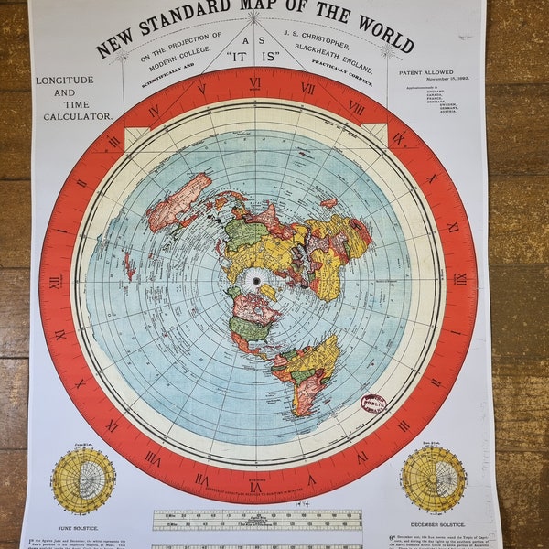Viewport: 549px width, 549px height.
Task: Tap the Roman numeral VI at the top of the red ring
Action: (255, 83)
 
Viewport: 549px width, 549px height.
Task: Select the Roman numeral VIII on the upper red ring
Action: (356, 107)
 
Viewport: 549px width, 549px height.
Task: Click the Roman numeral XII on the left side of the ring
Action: (54, 282)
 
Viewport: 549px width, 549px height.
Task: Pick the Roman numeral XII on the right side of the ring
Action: (460, 279)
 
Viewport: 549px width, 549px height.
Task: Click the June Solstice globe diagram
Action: (83, 479)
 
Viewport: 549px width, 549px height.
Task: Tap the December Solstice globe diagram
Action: (433, 479)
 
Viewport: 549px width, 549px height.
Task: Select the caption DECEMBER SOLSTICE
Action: (434, 526)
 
